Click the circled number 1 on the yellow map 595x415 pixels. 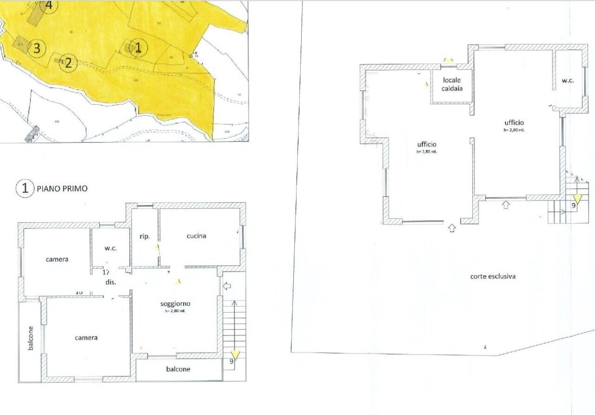(x=138, y=47)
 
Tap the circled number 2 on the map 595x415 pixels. (x=68, y=62)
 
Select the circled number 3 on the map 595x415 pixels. (x=37, y=48)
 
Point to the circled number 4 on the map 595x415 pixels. (x=49, y=6)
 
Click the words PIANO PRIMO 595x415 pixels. (x=62, y=189)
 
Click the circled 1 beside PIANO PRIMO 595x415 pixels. (x=25, y=188)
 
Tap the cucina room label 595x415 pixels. (x=196, y=236)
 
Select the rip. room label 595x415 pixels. (x=145, y=237)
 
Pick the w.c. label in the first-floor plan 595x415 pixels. (x=110, y=248)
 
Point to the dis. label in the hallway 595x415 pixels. (x=110, y=282)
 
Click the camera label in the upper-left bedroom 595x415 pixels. (x=57, y=259)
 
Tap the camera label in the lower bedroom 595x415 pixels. (x=86, y=338)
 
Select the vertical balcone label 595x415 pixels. (x=30, y=338)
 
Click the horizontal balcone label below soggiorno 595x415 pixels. (x=178, y=369)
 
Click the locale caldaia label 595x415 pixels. (x=452, y=84)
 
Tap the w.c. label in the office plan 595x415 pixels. (x=568, y=80)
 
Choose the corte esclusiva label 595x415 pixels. (x=493, y=276)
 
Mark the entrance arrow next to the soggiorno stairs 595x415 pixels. (x=227, y=286)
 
